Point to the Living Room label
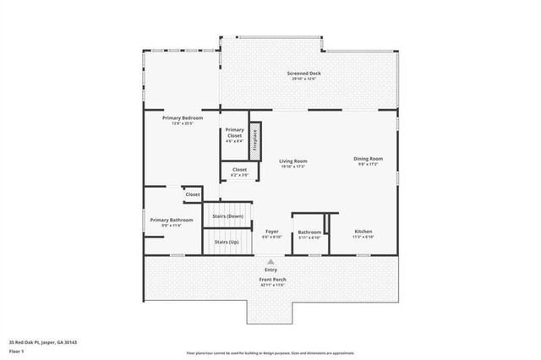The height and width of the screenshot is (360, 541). click(x=293, y=161)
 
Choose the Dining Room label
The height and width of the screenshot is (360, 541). click(x=368, y=159)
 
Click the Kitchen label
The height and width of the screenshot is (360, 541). click(x=363, y=232)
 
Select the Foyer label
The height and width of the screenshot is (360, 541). click(x=271, y=232)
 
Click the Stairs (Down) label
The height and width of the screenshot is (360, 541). click(x=228, y=216)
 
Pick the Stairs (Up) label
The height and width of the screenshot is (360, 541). click(x=227, y=242)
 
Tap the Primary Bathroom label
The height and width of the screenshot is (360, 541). click(x=172, y=221)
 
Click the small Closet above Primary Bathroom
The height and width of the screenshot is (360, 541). click(x=193, y=194)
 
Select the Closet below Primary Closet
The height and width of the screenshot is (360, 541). click(x=234, y=170)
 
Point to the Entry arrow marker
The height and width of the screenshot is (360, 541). click(x=270, y=262)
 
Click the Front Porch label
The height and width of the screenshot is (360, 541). click(x=272, y=279)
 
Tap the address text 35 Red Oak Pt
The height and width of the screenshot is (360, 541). click(x=43, y=342)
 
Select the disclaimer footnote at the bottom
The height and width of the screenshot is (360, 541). click(x=270, y=352)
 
